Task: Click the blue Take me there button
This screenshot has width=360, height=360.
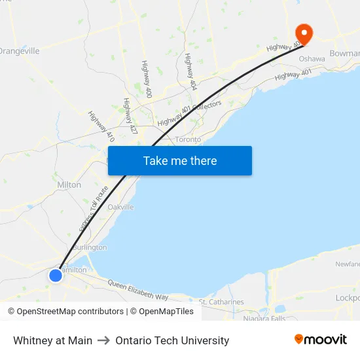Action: [x=180, y=160]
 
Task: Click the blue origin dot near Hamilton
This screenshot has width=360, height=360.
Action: [x=56, y=276]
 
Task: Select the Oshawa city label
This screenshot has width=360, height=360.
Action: [x=312, y=59]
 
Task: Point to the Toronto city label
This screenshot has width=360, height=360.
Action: [x=188, y=139]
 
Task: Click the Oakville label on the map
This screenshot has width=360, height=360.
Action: [x=121, y=207]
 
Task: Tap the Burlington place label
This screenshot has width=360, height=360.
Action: [x=90, y=247]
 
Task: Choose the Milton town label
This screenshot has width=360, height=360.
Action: [x=69, y=185]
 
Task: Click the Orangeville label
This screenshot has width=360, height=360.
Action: [x=20, y=51]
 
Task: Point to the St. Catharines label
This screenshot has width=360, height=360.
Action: [x=221, y=302]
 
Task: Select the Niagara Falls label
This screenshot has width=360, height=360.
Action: [x=264, y=319]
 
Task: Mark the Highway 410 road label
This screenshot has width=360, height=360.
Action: [x=101, y=126]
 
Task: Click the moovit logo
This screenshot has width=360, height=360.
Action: [x=320, y=340]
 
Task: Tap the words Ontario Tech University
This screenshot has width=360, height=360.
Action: [x=172, y=340]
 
